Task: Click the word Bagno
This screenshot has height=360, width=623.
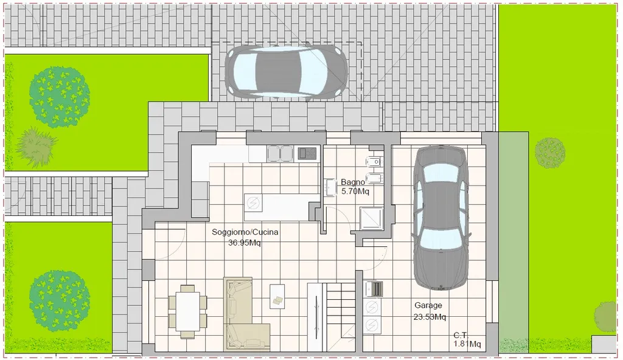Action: point(353,182)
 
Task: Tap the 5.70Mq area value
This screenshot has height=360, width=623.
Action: point(355,192)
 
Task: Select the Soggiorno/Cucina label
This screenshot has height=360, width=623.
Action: point(245,232)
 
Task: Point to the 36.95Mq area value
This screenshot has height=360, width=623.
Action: point(245,243)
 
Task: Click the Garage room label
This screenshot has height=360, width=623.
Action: point(428,305)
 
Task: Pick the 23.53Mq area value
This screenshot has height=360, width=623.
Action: point(430,317)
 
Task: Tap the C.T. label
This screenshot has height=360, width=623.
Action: point(461,336)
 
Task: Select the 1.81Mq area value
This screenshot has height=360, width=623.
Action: point(467,344)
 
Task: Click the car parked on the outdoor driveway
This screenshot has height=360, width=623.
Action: point(286,72)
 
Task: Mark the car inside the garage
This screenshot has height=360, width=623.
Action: point(440,218)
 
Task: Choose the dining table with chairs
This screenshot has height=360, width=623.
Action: point(187,311)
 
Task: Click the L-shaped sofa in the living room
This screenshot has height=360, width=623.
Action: point(242,314)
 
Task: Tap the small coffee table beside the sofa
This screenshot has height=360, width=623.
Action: point(277,296)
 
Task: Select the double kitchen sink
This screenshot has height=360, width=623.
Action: point(280,154)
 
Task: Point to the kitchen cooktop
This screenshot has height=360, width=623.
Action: point(307,153)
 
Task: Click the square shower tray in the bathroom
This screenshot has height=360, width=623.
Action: point(372,218)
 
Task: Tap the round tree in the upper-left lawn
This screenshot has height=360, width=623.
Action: point(60,97)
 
